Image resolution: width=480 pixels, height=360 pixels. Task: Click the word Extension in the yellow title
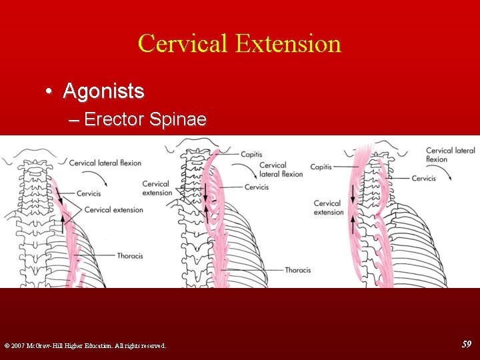click(288, 43)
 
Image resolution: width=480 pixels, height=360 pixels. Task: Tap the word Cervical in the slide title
click(183, 43)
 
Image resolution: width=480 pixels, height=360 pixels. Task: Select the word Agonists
click(103, 91)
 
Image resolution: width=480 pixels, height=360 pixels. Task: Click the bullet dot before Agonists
click(51, 91)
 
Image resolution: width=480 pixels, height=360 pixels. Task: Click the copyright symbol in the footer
click(7, 345)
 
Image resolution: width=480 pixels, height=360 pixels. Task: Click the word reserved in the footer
click(151, 345)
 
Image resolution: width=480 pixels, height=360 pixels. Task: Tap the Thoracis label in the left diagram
click(130, 255)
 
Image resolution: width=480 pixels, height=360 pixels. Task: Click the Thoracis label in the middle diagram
click(298, 270)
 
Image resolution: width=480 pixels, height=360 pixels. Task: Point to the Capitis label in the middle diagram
click(251, 154)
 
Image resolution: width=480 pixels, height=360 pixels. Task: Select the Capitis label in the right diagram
click(321, 167)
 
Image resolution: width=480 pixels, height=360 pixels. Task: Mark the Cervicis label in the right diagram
click(423, 178)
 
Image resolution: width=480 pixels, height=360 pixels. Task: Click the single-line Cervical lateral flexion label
click(105, 163)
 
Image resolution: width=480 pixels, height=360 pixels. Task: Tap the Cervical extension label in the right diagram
click(328, 207)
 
